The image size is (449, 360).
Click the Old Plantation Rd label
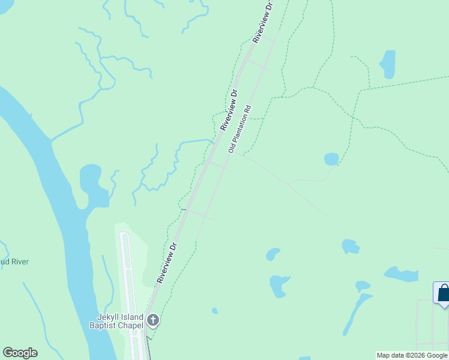(x=240, y=130)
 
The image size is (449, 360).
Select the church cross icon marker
(x=153, y=320)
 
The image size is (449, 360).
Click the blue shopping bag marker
(x=443, y=293)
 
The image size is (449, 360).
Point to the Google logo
(x=20, y=353)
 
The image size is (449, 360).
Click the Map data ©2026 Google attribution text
(x=412, y=356)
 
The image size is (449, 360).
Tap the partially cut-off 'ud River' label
(x=14, y=262)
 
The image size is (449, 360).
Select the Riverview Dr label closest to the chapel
(x=167, y=262)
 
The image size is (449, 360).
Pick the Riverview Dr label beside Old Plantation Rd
(x=229, y=110)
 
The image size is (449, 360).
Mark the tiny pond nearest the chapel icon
(x=214, y=311)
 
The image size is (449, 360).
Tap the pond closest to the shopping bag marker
(x=400, y=275)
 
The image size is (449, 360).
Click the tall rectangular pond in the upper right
(x=388, y=64)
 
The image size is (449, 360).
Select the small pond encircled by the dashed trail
(x=331, y=159)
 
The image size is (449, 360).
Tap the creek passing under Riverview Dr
(x=195, y=142)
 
